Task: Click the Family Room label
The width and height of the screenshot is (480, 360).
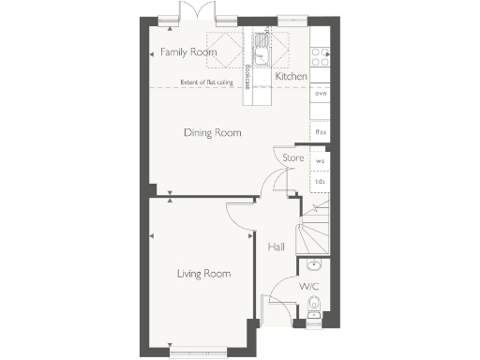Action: click(x=188, y=52)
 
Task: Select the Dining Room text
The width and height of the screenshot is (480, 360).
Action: click(x=212, y=133)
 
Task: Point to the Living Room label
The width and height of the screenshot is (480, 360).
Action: click(x=204, y=274)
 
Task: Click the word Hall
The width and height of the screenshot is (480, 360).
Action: click(x=276, y=247)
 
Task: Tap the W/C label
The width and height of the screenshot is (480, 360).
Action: click(x=308, y=285)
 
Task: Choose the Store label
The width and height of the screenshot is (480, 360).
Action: click(x=293, y=158)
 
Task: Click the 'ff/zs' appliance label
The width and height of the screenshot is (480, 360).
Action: click(x=320, y=132)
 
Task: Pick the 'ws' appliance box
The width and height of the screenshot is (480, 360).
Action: click(x=320, y=161)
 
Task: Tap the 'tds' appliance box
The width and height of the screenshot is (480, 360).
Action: click(x=320, y=183)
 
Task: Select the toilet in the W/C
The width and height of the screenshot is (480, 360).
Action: click(x=314, y=304)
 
